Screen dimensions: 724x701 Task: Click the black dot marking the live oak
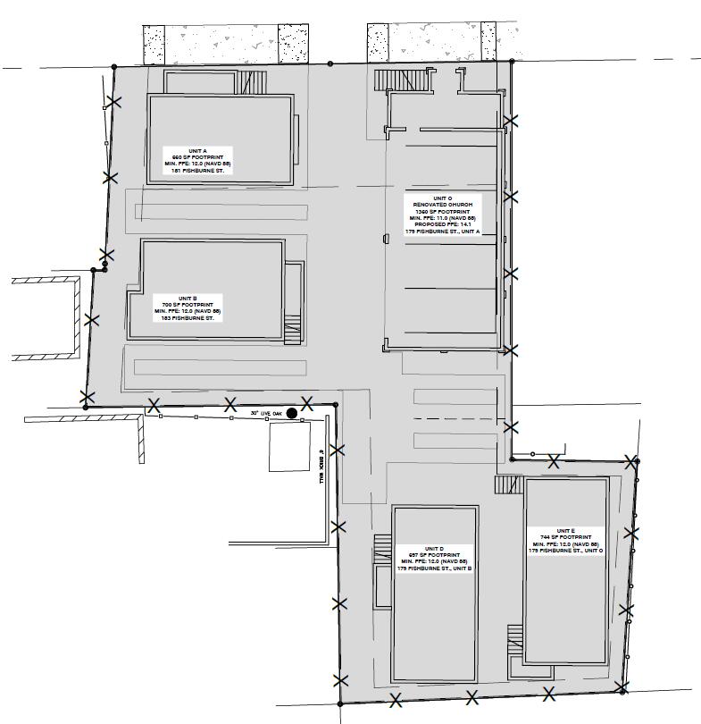(291, 413)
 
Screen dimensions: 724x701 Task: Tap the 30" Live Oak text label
(266, 413)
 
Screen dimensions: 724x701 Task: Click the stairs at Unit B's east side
(293, 329)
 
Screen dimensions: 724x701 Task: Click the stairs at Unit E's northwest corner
(507, 484)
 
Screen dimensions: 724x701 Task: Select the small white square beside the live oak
(289, 447)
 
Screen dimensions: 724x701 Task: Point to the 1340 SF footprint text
(442, 212)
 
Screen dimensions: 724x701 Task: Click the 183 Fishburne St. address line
(188, 318)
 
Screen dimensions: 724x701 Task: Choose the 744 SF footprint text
(565, 537)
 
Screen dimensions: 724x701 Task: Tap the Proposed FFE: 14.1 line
(442, 224)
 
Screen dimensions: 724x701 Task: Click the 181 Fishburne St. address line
(196, 171)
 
